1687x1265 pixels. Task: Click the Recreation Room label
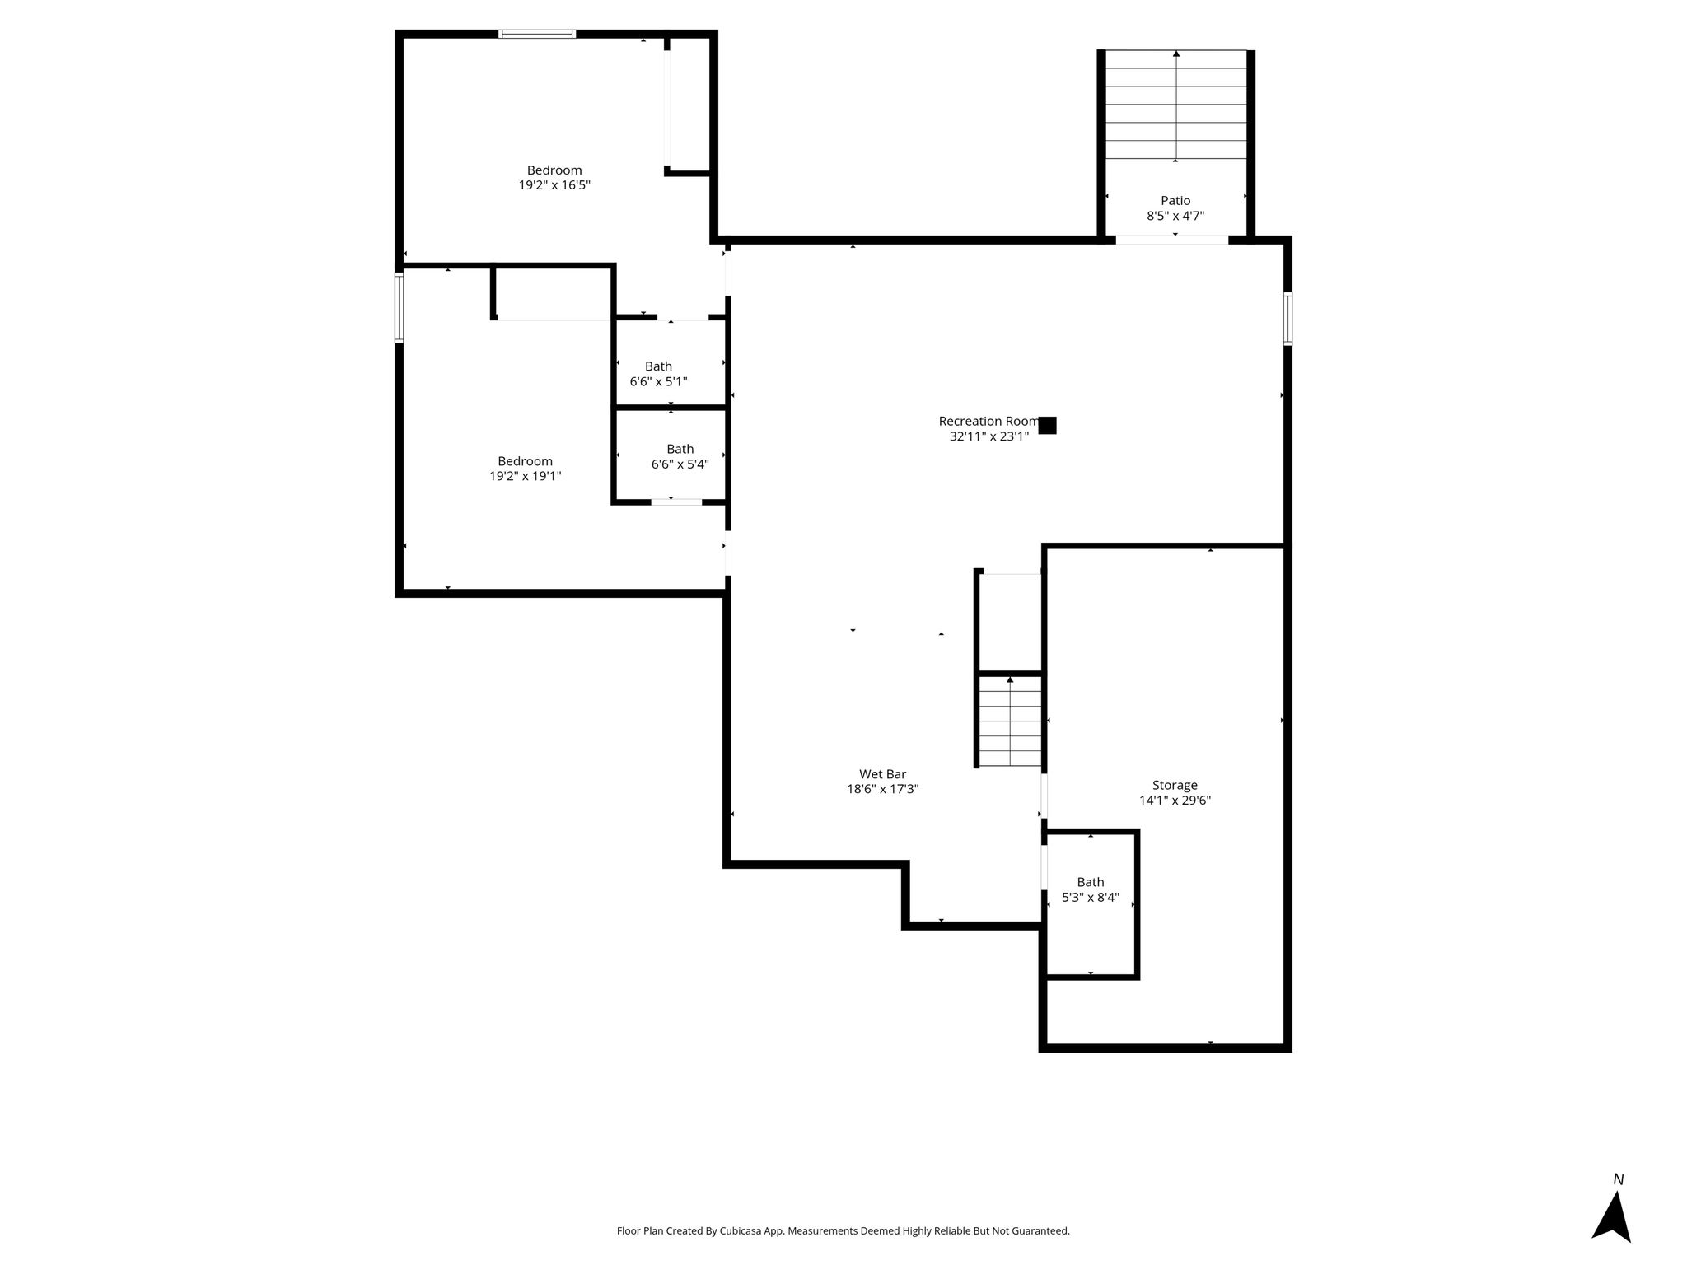click(x=988, y=421)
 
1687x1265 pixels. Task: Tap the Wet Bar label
click(x=882, y=774)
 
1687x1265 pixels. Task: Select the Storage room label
click(x=1175, y=786)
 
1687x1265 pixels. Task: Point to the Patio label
click(x=1175, y=200)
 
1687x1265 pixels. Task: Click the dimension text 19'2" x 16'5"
click(x=554, y=185)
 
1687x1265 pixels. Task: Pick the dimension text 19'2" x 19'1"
click(x=525, y=476)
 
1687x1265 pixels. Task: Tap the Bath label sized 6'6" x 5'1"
click(x=658, y=366)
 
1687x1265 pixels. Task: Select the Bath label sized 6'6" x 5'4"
click(x=680, y=449)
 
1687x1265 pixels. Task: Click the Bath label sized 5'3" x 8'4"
click(x=1091, y=882)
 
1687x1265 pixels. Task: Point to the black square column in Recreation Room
click(x=1047, y=426)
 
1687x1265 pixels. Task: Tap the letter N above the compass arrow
click(x=1618, y=1180)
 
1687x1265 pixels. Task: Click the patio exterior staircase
click(x=1175, y=105)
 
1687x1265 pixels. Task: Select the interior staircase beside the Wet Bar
click(x=1011, y=721)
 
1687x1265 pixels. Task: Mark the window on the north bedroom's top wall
click(x=537, y=34)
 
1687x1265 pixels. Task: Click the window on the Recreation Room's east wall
click(x=1287, y=319)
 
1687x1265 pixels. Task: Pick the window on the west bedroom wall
click(x=400, y=308)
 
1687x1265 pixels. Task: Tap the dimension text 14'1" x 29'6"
click(x=1175, y=801)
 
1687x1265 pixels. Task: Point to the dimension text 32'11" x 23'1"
click(x=989, y=436)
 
